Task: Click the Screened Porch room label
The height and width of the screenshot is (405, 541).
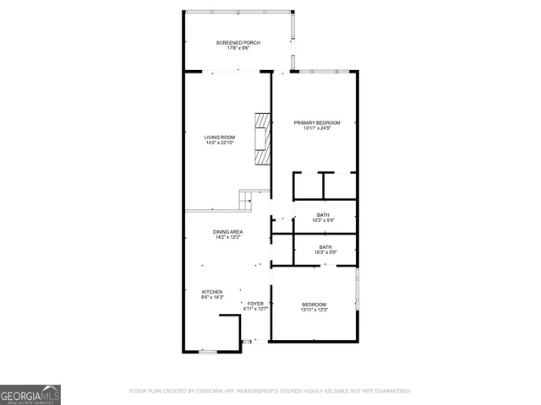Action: click(x=238, y=42)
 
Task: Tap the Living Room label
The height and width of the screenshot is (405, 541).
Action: click(x=220, y=137)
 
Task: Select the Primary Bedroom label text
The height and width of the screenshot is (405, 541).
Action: click(x=316, y=122)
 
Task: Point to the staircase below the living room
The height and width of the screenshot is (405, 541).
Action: click(x=247, y=201)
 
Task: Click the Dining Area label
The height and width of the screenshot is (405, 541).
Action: click(x=228, y=231)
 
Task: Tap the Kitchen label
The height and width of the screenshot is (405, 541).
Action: click(x=211, y=291)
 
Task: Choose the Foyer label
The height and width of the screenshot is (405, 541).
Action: click(x=255, y=303)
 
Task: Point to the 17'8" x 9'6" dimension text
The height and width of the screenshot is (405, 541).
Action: click(x=238, y=48)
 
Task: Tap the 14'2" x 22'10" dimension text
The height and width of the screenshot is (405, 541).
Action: click(x=220, y=143)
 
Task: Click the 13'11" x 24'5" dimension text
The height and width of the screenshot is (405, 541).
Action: click(x=316, y=128)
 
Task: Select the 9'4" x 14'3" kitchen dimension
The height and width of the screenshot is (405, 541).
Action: click(x=211, y=297)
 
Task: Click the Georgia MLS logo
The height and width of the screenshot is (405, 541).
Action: click(x=30, y=394)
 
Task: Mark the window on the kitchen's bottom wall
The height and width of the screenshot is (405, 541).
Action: click(x=208, y=351)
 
